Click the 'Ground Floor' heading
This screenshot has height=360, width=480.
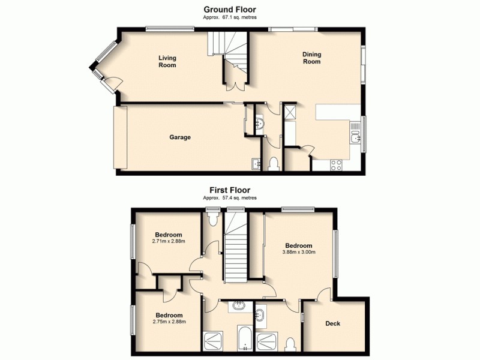click(x=229, y=9)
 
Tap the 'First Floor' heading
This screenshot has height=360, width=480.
click(x=229, y=190)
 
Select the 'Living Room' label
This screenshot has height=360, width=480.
click(x=167, y=61)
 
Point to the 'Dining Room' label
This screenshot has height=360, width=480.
click(x=311, y=58)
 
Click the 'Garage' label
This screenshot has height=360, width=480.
click(x=179, y=137)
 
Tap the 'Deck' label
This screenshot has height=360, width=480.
click(x=332, y=324)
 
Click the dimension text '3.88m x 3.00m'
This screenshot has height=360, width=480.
click(x=298, y=252)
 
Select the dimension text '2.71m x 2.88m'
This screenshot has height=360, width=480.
click(x=169, y=241)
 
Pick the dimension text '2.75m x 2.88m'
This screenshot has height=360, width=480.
click(x=169, y=322)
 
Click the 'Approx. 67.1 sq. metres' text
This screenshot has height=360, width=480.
click(x=229, y=18)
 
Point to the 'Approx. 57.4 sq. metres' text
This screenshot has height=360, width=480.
click(x=229, y=197)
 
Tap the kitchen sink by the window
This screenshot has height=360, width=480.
click(x=356, y=139)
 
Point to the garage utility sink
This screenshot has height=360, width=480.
click(x=256, y=163)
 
